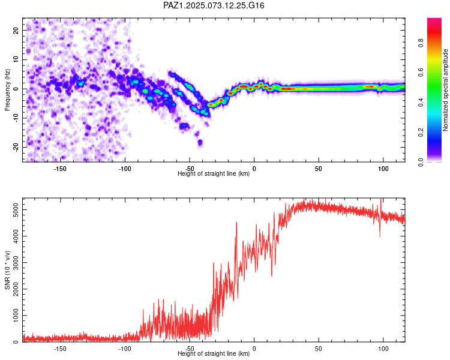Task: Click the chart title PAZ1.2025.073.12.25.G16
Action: click(214, 5)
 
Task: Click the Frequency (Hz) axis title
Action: click(7, 90)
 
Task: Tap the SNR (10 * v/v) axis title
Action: click(7, 270)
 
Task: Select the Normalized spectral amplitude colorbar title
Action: click(445, 90)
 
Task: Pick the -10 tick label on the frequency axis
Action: click(16, 118)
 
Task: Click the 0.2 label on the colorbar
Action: click(421, 133)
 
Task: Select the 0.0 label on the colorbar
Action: click(421, 162)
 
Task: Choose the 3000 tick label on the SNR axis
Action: click(16, 263)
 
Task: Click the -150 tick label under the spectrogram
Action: click(59, 169)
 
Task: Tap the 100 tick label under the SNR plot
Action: click(383, 349)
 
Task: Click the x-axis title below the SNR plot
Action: click(214, 353)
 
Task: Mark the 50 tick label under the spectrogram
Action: click(318, 169)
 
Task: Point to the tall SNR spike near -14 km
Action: click(236, 223)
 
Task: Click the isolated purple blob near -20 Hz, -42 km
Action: click(200, 142)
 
